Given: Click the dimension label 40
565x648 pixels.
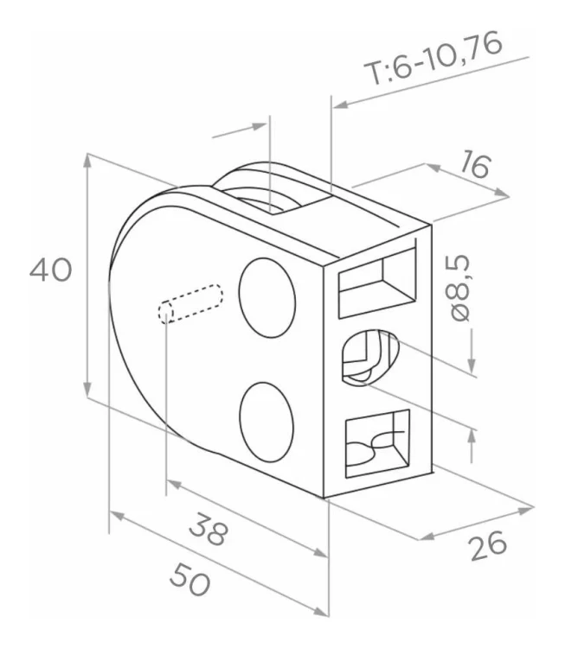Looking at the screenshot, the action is point(51,270).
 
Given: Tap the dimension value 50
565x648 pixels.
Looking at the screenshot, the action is point(190,580).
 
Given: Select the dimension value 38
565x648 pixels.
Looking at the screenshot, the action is point(209,529).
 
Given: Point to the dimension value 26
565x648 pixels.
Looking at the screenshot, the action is point(488,546).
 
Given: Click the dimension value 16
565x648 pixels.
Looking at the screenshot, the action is point(476,164).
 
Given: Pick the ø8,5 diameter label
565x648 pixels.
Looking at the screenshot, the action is point(459,288).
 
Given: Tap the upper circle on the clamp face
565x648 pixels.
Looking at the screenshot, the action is point(267,298).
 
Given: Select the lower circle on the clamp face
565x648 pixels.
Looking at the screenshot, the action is point(266,422).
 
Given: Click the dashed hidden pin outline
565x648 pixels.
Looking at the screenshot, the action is point(190,303).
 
